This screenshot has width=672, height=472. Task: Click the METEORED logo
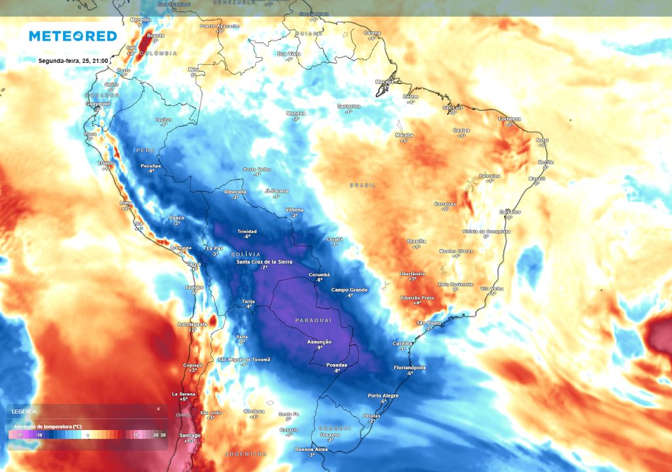[x=72, y=36]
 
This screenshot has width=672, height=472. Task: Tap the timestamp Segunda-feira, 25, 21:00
[x=73, y=61]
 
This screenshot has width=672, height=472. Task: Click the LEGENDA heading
[x=25, y=411]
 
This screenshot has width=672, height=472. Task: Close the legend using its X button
[x=158, y=409]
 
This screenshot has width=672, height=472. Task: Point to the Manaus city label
[x=296, y=113]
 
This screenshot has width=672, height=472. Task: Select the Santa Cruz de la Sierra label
[x=265, y=262]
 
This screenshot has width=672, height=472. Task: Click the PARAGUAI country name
[x=313, y=320]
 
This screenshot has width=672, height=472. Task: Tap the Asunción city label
[x=319, y=342]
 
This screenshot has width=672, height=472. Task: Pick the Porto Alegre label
[x=384, y=395]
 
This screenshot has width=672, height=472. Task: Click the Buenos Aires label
[x=312, y=449]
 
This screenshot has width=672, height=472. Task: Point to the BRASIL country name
[x=363, y=186]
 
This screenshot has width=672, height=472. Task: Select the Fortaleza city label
[x=509, y=119]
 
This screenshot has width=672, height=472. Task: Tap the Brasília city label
[x=416, y=241]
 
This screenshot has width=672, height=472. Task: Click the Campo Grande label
[x=349, y=290]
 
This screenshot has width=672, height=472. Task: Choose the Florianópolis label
[x=409, y=368]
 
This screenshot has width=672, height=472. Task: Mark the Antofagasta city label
[x=192, y=324]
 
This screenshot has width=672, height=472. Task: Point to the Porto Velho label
[x=257, y=169]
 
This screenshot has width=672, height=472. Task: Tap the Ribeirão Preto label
[x=417, y=298]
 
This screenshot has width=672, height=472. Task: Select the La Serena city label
[x=183, y=394]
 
